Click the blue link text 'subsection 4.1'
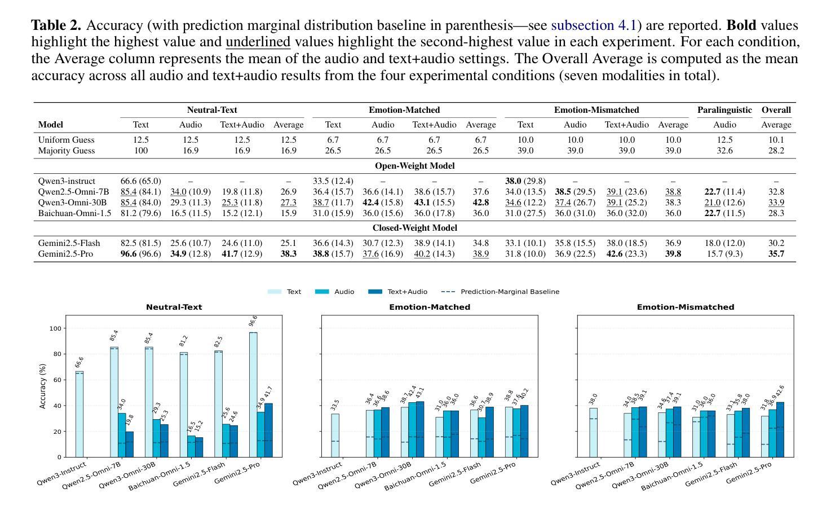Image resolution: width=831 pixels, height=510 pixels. (x=594, y=25)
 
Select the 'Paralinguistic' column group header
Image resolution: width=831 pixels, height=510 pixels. (x=724, y=110)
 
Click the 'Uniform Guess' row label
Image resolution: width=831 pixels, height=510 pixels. (x=66, y=139)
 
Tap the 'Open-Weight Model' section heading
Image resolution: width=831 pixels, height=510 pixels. (x=414, y=166)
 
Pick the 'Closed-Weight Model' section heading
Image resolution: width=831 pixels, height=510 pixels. (x=414, y=228)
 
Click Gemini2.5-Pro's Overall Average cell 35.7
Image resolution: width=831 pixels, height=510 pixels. (x=776, y=254)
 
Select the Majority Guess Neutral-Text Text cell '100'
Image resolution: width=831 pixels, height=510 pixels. (x=140, y=151)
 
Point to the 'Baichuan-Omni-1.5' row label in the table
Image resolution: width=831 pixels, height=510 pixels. (x=74, y=213)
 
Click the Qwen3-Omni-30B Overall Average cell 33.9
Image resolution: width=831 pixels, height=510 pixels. (x=776, y=203)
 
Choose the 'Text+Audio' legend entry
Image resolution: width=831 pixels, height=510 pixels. (x=407, y=292)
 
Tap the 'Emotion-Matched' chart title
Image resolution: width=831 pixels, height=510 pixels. (x=430, y=307)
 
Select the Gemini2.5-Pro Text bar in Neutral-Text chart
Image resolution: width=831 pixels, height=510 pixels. (x=253, y=395)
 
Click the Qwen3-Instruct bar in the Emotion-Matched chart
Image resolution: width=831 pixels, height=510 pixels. (x=335, y=436)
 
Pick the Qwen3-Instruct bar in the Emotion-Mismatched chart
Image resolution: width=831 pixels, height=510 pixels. (x=593, y=433)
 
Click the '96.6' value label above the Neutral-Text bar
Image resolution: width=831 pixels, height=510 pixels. (x=253, y=321)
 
